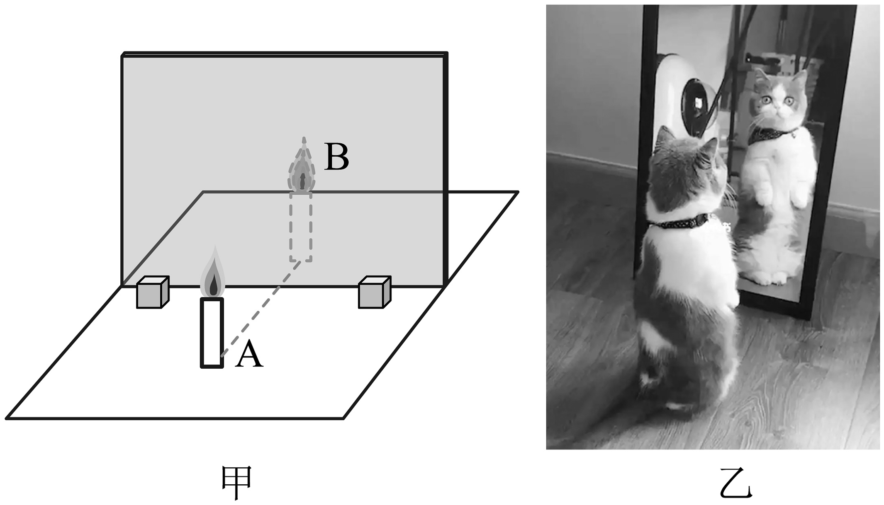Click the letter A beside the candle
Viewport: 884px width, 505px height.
click(249, 355)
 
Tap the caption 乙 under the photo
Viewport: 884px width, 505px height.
click(736, 483)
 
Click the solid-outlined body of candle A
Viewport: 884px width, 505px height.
click(212, 333)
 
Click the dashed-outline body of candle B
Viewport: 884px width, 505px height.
click(301, 227)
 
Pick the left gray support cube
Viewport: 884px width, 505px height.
click(153, 292)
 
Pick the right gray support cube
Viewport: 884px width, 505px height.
click(375, 292)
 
